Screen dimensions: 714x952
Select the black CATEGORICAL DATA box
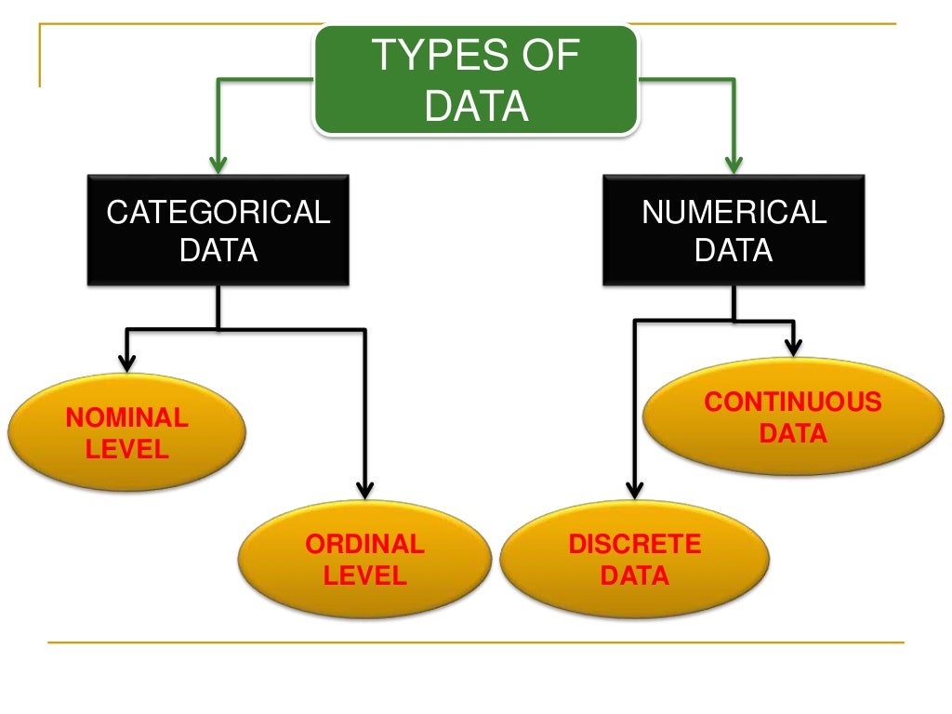[x=218, y=230]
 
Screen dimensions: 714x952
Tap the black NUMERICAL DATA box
[x=734, y=230]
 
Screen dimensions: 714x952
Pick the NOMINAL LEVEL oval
[x=126, y=433]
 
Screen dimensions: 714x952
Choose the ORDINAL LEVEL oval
[x=364, y=559]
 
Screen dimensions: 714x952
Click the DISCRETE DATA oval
[x=635, y=559]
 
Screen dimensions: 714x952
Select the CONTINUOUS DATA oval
[x=792, y=416]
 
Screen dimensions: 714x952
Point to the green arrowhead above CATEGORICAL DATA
[x=218, y=165]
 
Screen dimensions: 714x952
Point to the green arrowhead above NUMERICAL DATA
[x=734, y=165]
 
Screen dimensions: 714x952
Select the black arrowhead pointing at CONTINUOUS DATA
[x=793, y=347]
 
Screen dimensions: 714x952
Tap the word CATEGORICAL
[x=218, y=213]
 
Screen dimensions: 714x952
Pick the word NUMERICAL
[x=734, y=213]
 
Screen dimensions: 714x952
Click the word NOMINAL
[x=126, y=418]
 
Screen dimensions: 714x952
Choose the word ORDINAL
[x=364, y=544]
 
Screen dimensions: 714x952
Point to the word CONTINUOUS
[x=792, y=402]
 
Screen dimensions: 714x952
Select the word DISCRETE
[x=635, y=544]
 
